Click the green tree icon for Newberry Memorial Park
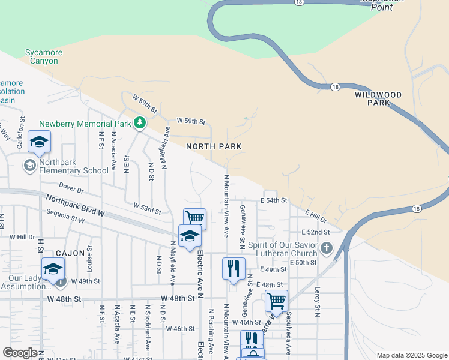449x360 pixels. pyautogui.click(x=140, y=124)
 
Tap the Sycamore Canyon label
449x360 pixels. pyautogui.click(x=44, y=57)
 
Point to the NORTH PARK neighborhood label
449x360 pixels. pyautogui.click(x=214, y=146)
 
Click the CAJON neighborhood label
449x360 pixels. pyautogui.click(x=70, y=253)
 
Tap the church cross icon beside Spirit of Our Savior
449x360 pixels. pyautogui.click(x=326, y=248)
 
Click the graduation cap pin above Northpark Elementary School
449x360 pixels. pyautogui.click(x=40, y=142)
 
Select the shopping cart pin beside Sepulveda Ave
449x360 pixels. pyautogui.click(x=276, y=299)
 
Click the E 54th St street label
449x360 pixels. pyautogui.click(x=274, y=200)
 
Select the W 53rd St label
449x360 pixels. pyautogui.click(x=147, y=209)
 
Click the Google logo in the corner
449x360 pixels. pyautogui.click(x=20, y=353)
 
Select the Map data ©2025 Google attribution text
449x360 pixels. pyautogui.click(x=411, y=355)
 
